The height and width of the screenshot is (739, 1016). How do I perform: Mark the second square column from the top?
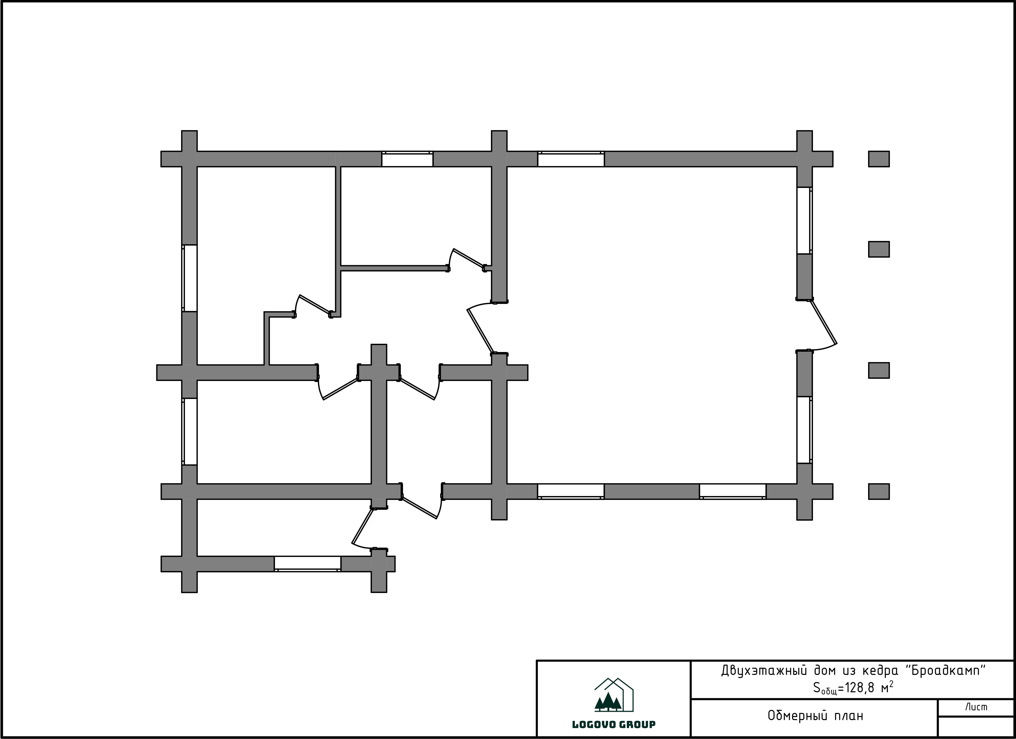pos(879,249)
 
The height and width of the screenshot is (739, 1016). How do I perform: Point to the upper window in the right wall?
pos(805,221)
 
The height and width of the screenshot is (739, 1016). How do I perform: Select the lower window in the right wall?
pos(805,430)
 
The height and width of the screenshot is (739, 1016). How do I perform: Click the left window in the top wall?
pos(407,159)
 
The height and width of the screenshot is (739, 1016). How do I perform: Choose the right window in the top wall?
pos(571,159)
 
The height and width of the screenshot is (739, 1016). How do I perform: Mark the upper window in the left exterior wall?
pos(190,278)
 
